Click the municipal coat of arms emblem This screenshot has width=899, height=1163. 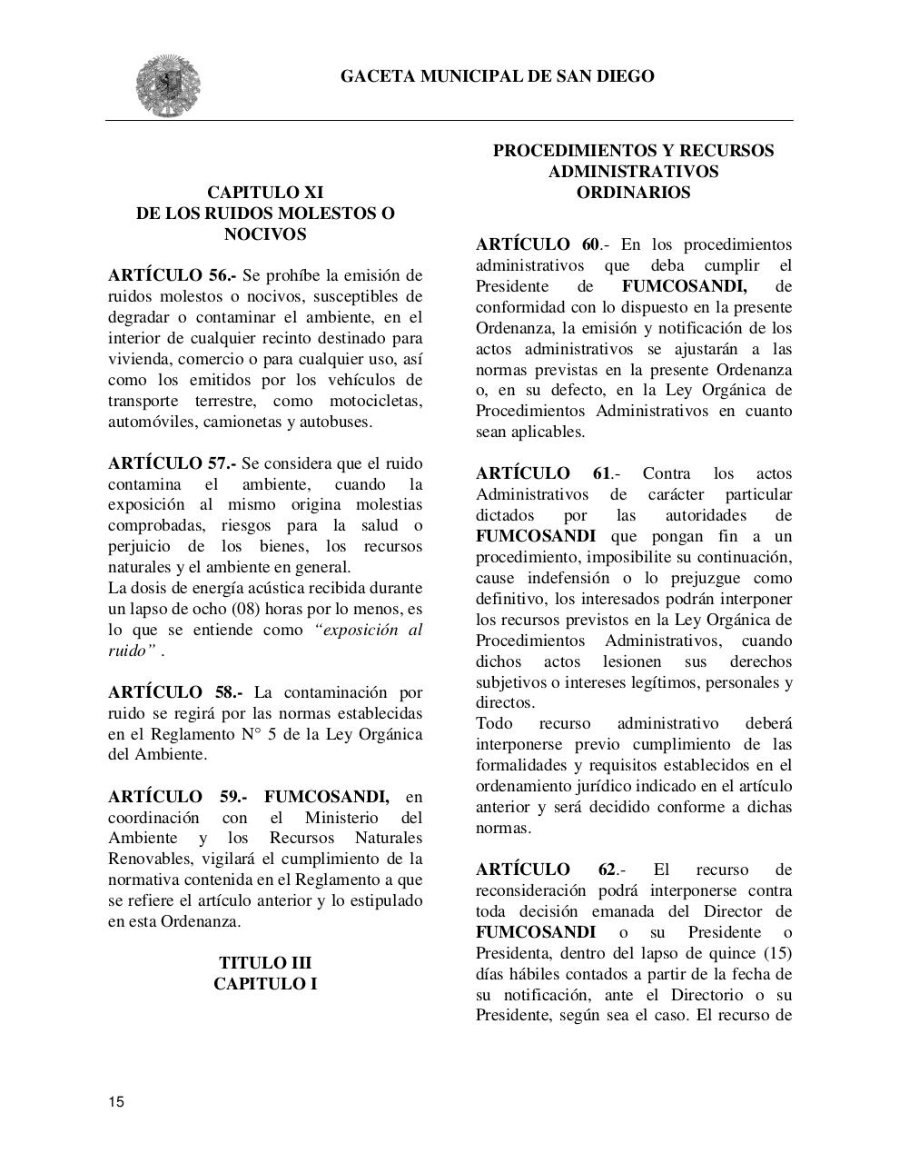click(x=168, y=85)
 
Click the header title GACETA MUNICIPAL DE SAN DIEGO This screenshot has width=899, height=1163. click(x=497, y=76)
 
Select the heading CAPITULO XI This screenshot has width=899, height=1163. click(x=265, y=192)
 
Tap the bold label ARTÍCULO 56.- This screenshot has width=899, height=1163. click(x=172, y=275)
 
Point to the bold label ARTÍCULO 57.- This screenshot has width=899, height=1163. click(x=172, y=463)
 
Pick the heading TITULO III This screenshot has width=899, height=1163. click(x=265, y=962)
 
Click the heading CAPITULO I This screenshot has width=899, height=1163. click(x=265, y=983)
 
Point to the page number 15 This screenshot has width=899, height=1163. click(x=116, y=1102)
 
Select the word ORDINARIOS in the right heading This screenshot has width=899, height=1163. click(x=633, y=193)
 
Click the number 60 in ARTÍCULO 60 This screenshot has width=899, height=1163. click(x=590, y=244)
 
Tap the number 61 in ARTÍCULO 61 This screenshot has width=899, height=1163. click(x=601, y=473)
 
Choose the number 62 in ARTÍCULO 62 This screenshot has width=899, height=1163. click(x=607, y=870)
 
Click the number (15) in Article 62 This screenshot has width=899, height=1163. click(x=774, y=953)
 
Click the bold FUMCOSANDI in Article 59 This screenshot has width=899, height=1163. click(x=326, y=797)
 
